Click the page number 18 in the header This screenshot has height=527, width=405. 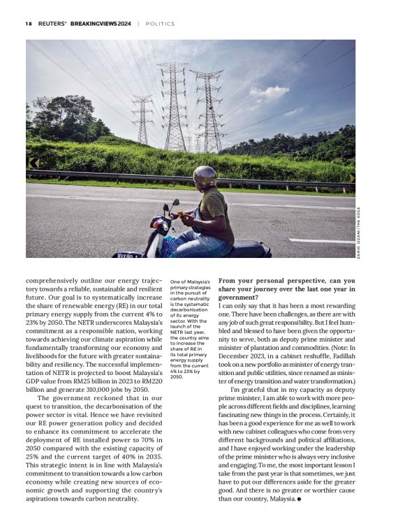(29, 23)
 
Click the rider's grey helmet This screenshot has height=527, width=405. (204, 176)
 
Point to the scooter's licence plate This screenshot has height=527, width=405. (126, 255)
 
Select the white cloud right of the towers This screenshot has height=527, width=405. (270, 91)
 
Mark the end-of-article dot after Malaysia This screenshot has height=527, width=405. (299, 499)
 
